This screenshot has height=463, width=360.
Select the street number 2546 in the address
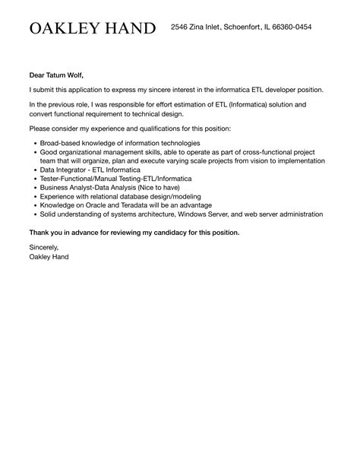click(x=179, y=27)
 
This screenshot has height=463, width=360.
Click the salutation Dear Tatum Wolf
click(x=56, y=75)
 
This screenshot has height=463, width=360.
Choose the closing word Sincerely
click(x=43, y=248)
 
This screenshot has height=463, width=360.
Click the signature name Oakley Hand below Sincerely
click(x=49, y=257)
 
